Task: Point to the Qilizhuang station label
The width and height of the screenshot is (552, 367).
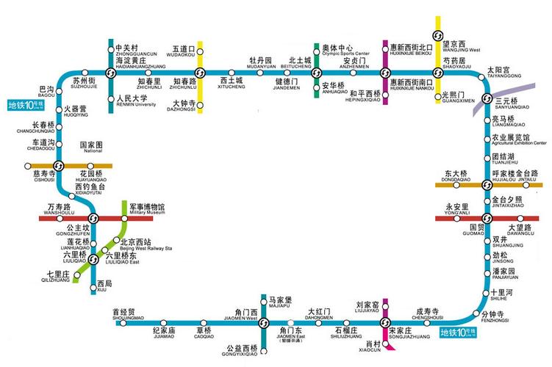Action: click(x=53, y=277)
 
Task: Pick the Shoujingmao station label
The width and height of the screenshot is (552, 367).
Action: click(x=128, y=315)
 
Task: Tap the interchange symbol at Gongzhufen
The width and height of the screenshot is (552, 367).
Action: click(x=93, y=218)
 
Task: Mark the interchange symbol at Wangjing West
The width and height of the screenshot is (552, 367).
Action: click(x=438, y=37)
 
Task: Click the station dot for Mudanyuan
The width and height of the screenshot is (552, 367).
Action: click(x=260, y=72)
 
